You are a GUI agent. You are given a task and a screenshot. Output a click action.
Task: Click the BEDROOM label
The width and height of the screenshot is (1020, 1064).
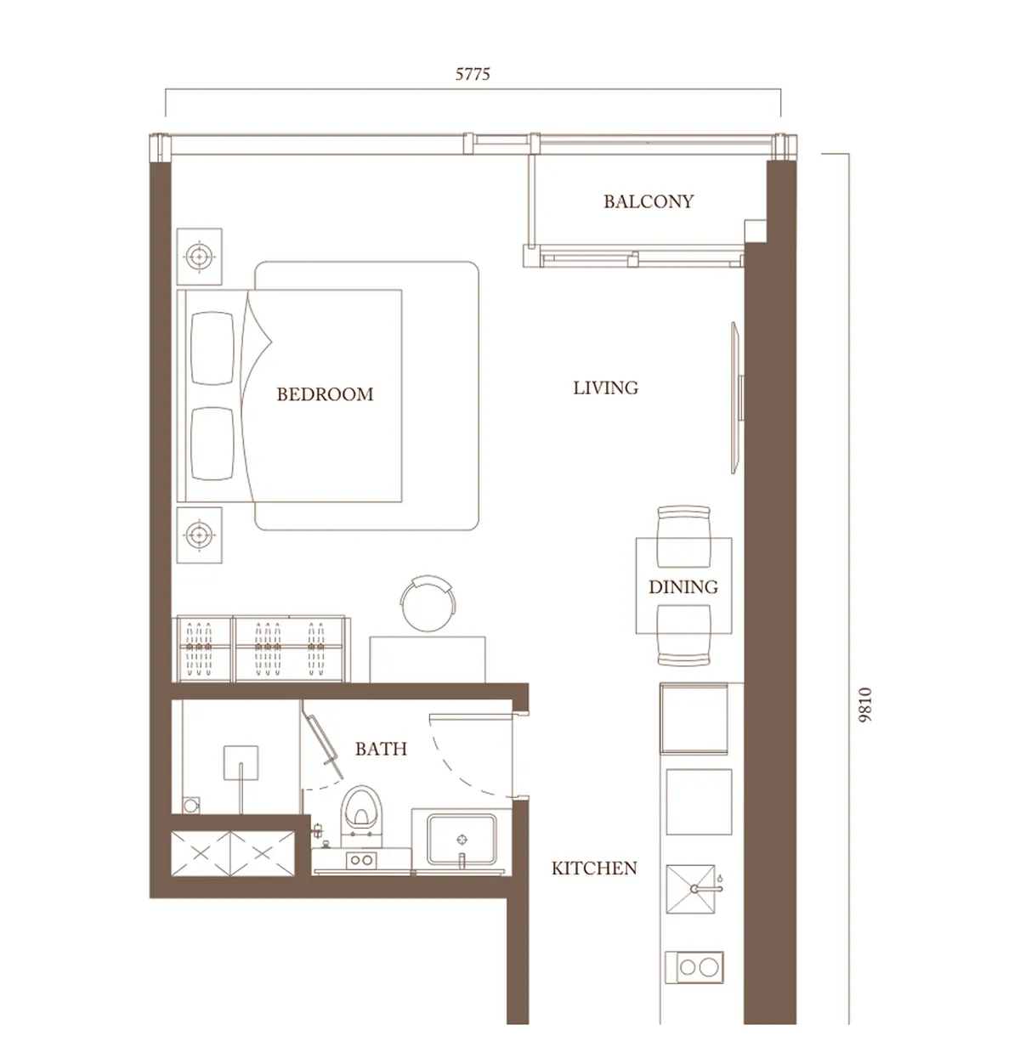[325, 394]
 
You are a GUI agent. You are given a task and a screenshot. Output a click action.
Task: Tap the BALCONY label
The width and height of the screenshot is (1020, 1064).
[649, 201]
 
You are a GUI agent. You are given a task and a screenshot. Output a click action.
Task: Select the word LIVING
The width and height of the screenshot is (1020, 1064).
[605, 388]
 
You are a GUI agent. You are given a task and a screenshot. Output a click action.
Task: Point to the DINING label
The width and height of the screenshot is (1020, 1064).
[683, 587]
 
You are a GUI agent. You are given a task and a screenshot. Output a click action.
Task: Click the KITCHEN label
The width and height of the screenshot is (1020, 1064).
[594, 869]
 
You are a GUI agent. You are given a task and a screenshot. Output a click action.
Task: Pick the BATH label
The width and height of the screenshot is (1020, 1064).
[381, 749]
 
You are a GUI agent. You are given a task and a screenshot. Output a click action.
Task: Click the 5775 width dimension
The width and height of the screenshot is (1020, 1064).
[473, 74]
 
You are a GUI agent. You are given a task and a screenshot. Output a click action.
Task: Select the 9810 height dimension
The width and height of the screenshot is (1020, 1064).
[865, 705]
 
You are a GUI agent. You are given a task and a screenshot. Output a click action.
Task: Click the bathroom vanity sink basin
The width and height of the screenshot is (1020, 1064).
[462, 840]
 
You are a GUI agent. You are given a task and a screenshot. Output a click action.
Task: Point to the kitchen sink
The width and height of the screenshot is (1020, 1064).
[690, 890]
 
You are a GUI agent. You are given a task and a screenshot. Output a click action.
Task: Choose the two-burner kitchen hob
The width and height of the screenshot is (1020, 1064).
[694, 967]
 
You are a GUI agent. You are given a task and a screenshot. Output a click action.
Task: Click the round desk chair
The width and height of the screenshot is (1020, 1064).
[428, 603]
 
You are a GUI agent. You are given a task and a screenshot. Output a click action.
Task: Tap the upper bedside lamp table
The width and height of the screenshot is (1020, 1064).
[199, 257]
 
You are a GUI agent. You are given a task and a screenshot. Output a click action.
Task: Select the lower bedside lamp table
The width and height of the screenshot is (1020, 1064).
[199, 535]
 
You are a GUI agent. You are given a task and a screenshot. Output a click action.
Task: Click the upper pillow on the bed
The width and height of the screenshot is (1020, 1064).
[212, 348]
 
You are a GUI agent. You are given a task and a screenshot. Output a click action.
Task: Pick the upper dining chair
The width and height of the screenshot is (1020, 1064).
[683, 536]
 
